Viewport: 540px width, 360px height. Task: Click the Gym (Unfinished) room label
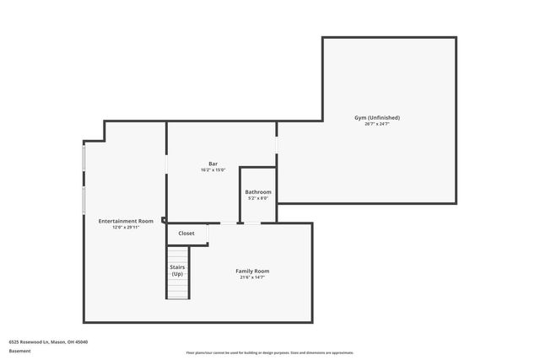tap(376, 117)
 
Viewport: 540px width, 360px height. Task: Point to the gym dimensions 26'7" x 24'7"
tap(376, 125)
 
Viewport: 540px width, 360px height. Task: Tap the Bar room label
tap(213, 163)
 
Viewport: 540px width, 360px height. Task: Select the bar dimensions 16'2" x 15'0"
tap(213, 170)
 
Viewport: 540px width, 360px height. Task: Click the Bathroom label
tap(258, 191)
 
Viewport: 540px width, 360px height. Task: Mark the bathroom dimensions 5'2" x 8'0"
tap(258, 199)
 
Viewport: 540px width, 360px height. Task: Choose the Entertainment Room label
tap(126, 220)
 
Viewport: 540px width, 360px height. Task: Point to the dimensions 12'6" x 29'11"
tap(126, 227)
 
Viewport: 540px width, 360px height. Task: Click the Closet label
tap(186, 233)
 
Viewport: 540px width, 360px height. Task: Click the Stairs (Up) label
tap(177, 270)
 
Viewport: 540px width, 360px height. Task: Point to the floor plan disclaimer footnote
tap(270, 352)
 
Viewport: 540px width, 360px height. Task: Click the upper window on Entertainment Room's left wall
tap(84, 158)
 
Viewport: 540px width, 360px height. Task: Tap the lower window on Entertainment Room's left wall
tap(84, 200)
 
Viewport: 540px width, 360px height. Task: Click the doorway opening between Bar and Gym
tap(277, 144)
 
